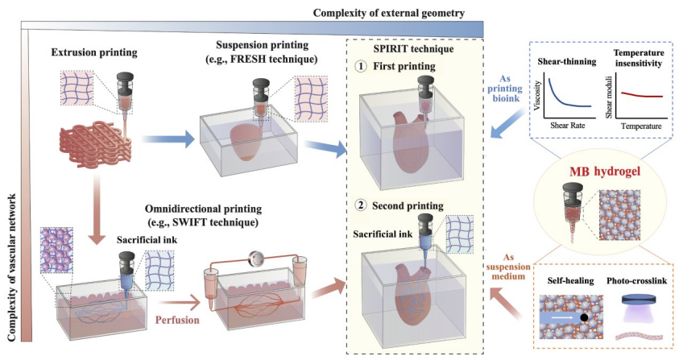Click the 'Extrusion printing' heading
click(94, 53)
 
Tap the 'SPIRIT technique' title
click(413, 48)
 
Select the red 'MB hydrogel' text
click(605, 172)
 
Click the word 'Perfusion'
click(177, 321)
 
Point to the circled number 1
click(361, 66)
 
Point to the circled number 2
click(360, 205)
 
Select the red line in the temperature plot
click(642, 95)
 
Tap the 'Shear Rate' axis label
click(567, 126)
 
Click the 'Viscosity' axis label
click(538, 95)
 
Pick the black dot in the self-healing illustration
click(584, 318)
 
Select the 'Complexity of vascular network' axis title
click(12, 267)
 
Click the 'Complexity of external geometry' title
click(389, 13)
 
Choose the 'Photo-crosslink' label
click(636, 281)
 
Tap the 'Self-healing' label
click(569, 281)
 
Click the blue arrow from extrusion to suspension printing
click(168, 139)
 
